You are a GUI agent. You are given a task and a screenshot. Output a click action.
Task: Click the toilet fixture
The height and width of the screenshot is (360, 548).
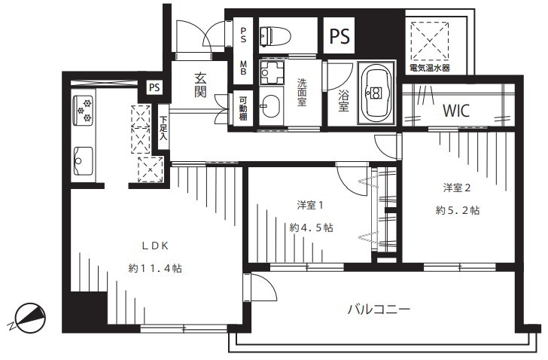tap(276, 36)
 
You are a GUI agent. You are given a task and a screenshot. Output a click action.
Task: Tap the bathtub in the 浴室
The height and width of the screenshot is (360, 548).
tap(376, 93)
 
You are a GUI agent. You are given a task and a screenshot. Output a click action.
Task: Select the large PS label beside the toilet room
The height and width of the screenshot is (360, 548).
tap(339, 35)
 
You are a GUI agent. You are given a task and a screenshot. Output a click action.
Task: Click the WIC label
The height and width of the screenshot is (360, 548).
tap(456, 111)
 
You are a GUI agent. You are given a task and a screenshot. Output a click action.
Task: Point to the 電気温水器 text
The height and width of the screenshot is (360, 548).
tap(430, 68)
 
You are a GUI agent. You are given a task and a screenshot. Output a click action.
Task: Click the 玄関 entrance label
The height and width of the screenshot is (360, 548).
tap(200, 85)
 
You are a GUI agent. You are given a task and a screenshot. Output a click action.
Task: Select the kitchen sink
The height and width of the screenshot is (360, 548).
tap(83, 160)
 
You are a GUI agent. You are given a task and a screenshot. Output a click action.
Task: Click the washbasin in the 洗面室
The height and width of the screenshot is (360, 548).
tap(270, 106)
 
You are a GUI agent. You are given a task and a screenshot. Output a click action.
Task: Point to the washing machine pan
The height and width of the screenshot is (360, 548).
tap(272, 72)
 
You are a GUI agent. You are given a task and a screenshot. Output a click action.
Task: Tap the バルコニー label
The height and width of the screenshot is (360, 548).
tap(379, 310)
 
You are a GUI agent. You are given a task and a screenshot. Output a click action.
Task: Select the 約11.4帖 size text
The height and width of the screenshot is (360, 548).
tap(155, 268)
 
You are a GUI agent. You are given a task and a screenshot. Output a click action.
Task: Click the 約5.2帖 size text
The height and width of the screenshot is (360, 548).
tap(458, 210)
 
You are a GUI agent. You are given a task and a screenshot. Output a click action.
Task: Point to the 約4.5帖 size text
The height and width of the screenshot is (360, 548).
tap(311, 228)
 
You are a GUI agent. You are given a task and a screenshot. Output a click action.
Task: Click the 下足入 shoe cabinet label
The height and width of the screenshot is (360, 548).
tap(163, 127)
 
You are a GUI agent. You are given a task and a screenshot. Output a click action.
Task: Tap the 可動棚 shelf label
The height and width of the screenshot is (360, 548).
tap(243, 108)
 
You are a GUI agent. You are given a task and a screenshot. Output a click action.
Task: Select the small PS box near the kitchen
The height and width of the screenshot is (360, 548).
tap(154, 87)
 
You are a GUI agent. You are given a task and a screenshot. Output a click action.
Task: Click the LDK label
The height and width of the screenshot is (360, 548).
tap(155, 246)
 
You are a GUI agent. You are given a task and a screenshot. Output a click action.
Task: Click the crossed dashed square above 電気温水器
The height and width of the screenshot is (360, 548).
tap(430, 41)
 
